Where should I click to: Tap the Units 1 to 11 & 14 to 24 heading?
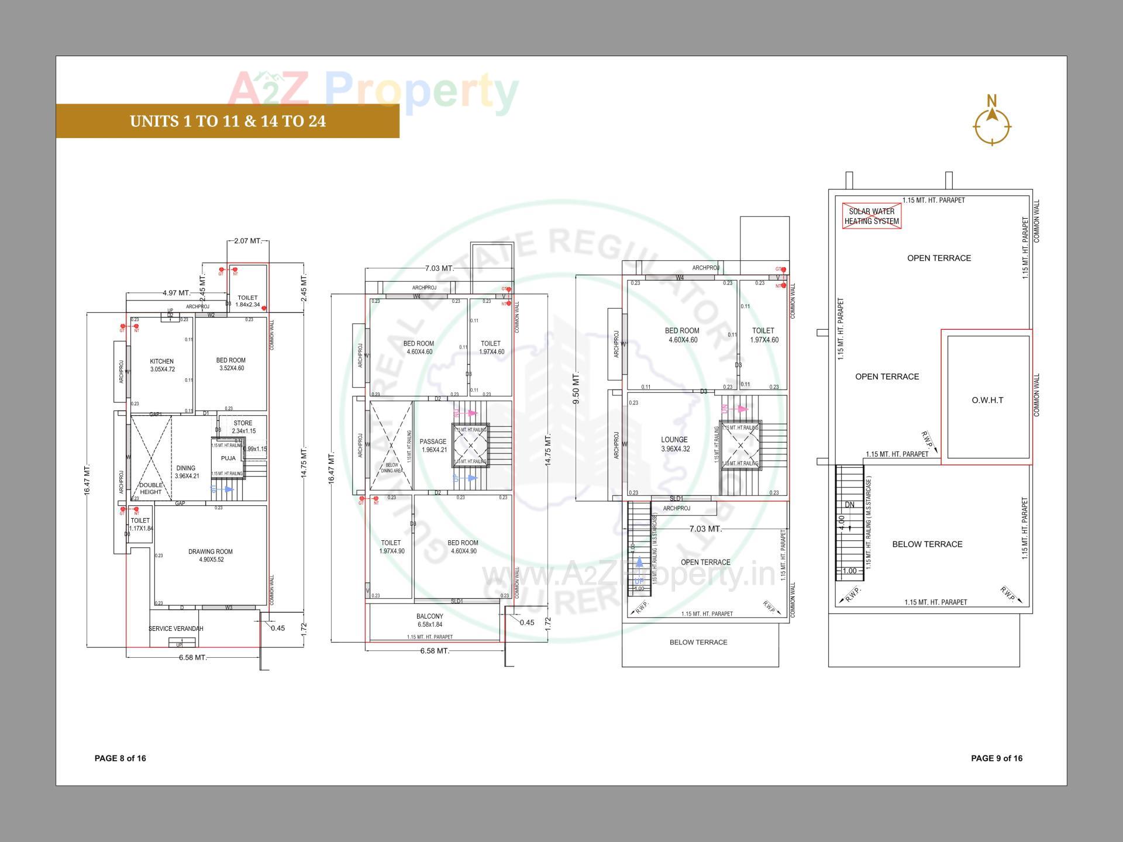228,121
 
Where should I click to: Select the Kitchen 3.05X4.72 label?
162,365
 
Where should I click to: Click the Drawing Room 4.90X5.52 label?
211,555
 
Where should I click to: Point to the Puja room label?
228,458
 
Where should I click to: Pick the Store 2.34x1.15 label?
243,427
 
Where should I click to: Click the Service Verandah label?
176,629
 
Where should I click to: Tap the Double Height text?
150,488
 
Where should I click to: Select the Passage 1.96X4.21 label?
433,446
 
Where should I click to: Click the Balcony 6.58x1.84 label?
430,620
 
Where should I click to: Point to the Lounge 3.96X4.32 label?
675,444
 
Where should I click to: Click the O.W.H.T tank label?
987,400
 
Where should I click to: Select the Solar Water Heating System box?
871,216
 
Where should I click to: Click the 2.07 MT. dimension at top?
248,241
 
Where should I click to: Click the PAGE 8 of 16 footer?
120,758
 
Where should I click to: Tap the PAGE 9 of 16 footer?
997,758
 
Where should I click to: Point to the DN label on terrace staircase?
849,505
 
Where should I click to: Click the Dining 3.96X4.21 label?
187,472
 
